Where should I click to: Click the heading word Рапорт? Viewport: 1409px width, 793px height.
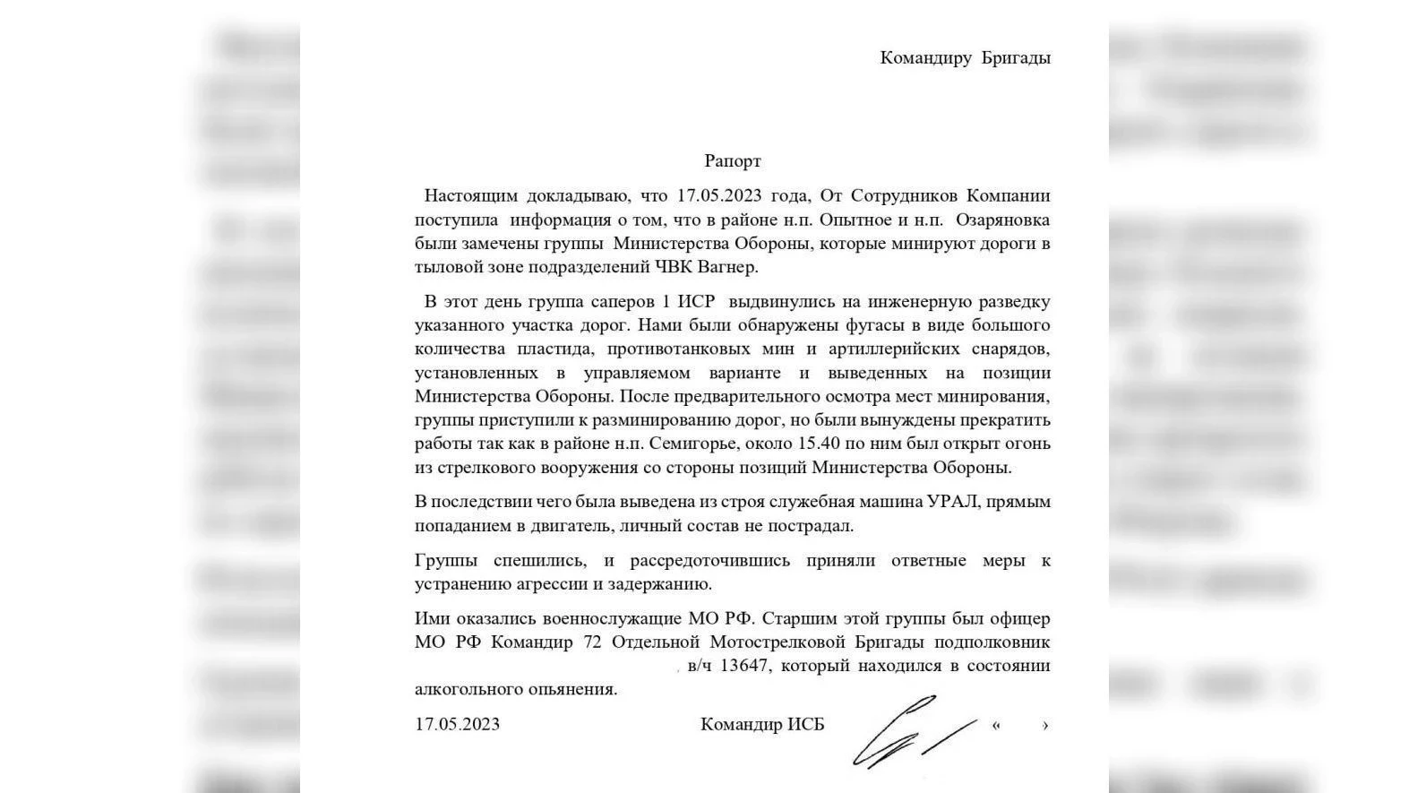[x=732, y=161]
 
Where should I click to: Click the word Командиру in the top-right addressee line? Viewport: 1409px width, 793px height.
[x=925, y=58]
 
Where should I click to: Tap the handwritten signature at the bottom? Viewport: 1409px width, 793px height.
[x=909, y=730]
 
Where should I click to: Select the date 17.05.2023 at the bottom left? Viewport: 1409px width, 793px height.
[x=457, y=724]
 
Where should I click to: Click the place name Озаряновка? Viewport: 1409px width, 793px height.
[x=1002, y=220]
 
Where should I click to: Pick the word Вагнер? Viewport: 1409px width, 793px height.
[x=728, y=267]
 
